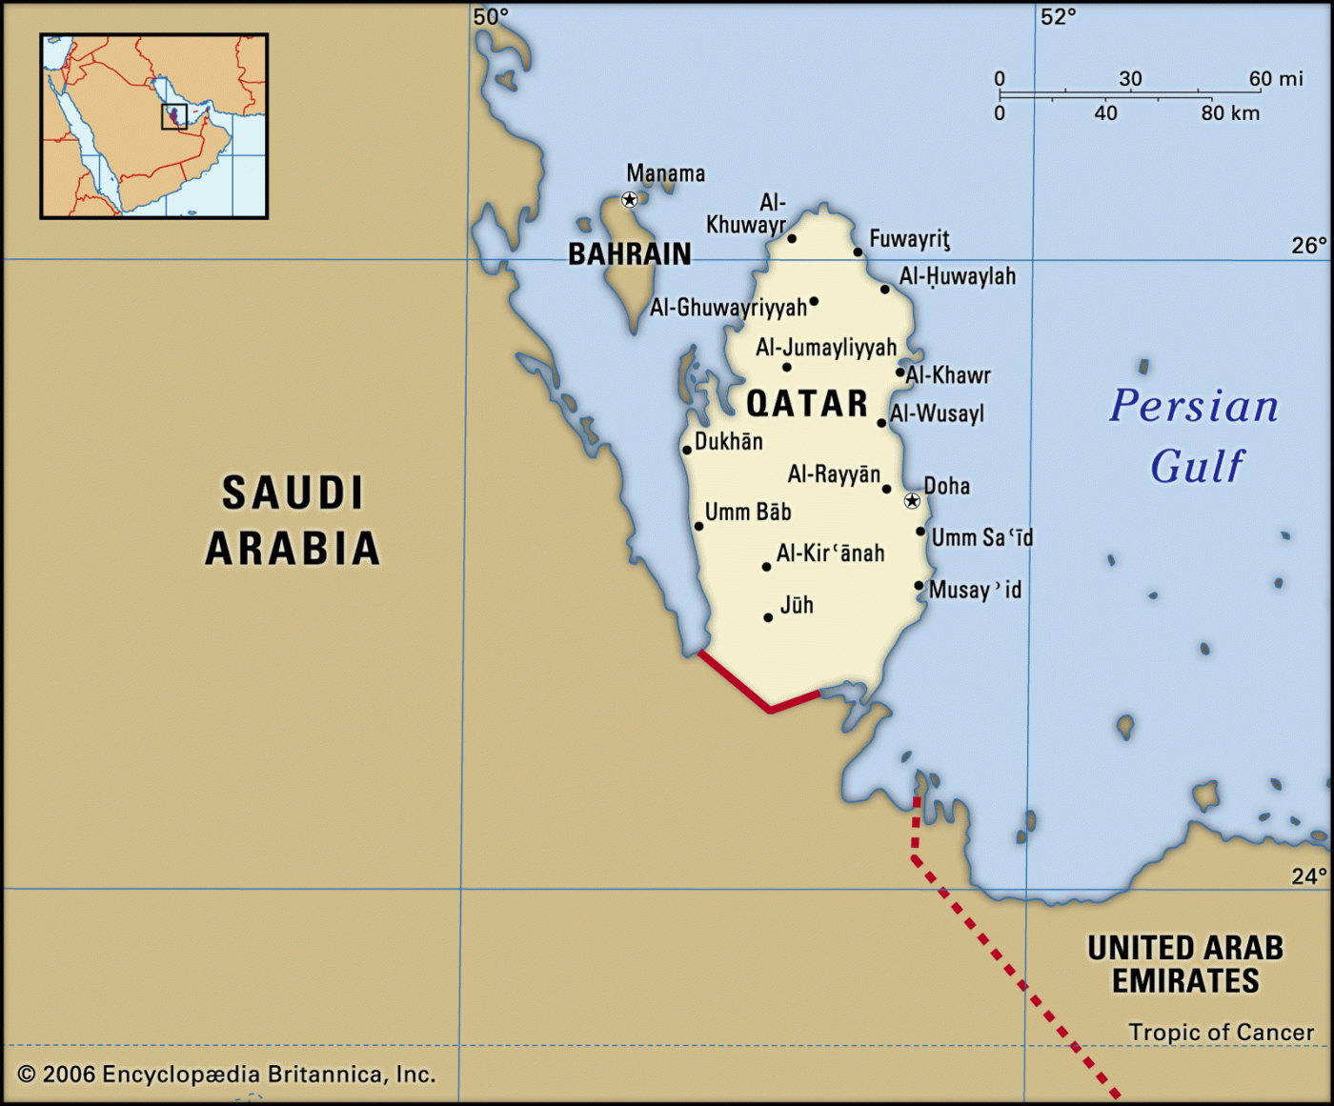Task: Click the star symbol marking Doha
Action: point(912,501)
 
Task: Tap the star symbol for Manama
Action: point(629,200)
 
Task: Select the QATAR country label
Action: point(807,404)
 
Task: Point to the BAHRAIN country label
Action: point(630,254)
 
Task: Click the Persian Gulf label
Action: point(1195,435)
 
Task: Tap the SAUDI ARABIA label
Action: point(293,521)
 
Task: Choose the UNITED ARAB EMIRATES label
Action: point(1185,964)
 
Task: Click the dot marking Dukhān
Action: point(686,450)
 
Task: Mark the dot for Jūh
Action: point(768,617)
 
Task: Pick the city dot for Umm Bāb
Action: point(698,526)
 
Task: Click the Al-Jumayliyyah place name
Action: point(826,348)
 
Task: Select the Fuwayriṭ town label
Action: point(909,239)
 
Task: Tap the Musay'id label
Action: point(975,591)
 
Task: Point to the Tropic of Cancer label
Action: point(1221,1033)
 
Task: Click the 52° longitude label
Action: point(1058,16)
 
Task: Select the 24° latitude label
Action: point(1308,876)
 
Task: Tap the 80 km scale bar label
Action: point(1230,113)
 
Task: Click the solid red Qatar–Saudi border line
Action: point(734,681)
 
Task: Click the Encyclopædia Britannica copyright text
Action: point(227,1075)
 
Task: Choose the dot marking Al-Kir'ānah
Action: point(766,567)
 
